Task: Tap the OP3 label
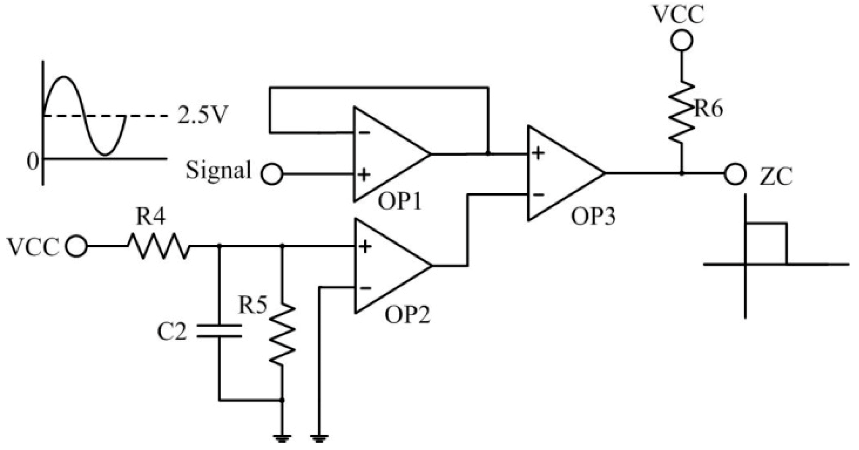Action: pos(593,217)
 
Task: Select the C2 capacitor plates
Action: pos(219,330)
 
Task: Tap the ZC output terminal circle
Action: pos(735,174)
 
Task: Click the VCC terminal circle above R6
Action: pos(681,41)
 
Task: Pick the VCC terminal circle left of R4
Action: pos(76,247)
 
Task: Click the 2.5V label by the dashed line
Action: pos(202,116)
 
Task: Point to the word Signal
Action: pos(218,170)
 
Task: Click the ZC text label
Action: pos(776,177)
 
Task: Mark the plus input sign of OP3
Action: pos(538,153)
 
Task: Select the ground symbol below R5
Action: pos(282,438)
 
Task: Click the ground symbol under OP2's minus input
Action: pos(319,438)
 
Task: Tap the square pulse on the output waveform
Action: pos(766,243)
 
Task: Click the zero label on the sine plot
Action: pos(32,162)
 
